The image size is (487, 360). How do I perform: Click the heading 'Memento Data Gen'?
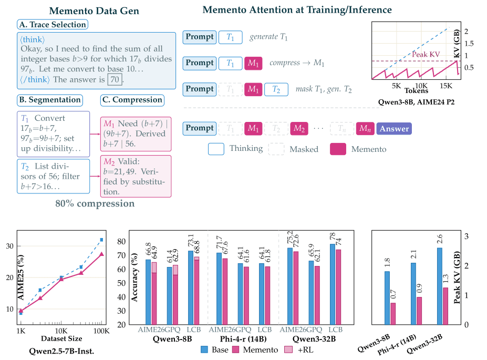pos(87,11)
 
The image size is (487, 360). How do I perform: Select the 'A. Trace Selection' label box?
pos(52,24)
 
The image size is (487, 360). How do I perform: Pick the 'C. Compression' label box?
pos(131,99)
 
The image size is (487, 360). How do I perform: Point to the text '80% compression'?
pos(95,204)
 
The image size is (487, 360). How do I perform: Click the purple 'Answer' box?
pos(394,128)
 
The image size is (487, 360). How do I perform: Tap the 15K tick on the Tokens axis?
pos(445,85)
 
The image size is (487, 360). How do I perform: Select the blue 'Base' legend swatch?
pos(206,348)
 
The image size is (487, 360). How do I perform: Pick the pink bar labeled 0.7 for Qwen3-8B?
pos(392,314)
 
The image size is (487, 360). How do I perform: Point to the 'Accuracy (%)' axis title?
pos(122,277)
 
